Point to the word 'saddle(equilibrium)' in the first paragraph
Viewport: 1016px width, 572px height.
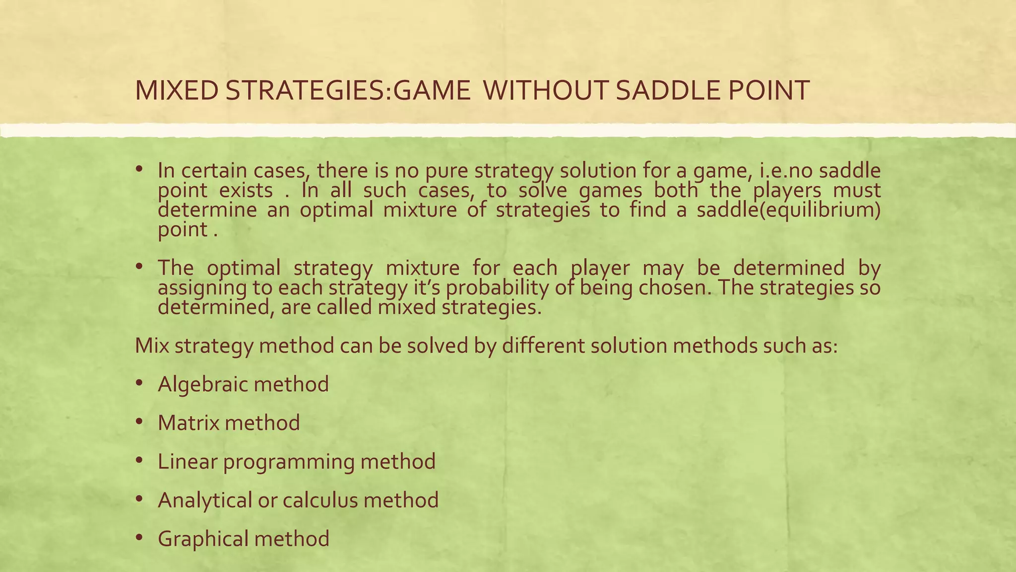789,211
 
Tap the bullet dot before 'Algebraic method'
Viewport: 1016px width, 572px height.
139,383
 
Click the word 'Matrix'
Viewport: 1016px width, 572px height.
188,423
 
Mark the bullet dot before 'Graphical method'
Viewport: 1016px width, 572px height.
139,538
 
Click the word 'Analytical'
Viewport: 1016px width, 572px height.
205,500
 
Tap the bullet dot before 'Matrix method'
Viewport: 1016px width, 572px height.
139,422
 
